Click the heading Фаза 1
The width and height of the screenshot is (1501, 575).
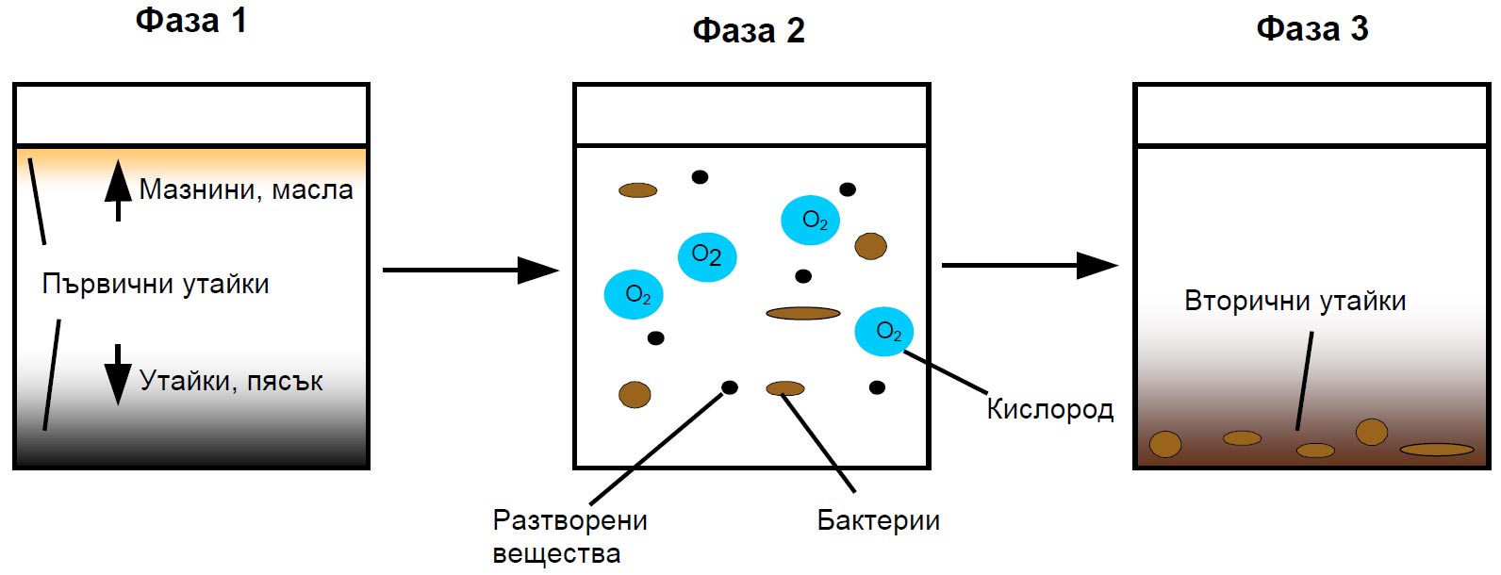click(191, 21)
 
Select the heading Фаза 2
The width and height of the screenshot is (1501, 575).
click(749, 31)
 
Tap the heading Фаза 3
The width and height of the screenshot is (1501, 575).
click(1312, 29)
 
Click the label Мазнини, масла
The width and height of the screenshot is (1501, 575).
click(246, 190)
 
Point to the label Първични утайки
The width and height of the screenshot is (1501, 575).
click(156, 284)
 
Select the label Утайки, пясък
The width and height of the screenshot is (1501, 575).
click(231, 382)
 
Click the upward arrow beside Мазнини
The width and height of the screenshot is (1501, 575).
click(118, 190)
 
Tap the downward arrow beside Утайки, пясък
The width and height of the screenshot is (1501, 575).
click(118, 374)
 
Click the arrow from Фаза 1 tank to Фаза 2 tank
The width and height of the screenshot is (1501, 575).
click(470, 271)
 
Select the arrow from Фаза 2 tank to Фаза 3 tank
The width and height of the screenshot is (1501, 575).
click(1030, 266)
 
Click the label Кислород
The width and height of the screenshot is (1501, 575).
click(1050, 409)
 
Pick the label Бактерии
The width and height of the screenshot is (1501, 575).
click(879, 520)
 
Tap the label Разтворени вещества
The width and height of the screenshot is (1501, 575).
click(570, 536)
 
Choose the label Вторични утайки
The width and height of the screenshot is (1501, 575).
click(1295, 301)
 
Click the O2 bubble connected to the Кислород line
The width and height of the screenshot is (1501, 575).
click(883, 331)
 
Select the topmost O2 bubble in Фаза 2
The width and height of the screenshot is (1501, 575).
click(810, 221)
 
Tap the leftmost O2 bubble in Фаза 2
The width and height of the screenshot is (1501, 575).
click(634, 294)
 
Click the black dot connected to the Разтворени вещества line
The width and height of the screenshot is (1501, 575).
click(730, 387)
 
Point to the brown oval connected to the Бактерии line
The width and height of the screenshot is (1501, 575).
click(785, 388)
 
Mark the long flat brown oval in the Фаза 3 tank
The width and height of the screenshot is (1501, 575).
click(1437, 450)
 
